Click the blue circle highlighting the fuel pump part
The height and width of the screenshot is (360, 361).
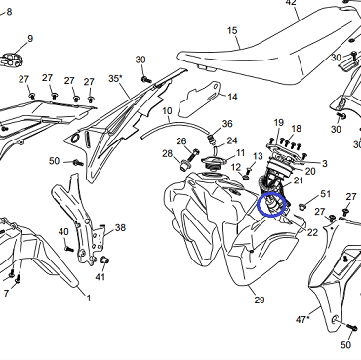coord(271,205)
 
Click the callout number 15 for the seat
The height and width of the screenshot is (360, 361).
coord(232,31)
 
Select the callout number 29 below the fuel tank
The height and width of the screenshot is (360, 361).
coord(260,300)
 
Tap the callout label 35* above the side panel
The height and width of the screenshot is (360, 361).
coord(116,79)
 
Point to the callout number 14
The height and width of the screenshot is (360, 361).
coord(232,97)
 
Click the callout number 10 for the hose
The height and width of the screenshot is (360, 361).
coord(167,111)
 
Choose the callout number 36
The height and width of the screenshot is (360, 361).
coord(227,124)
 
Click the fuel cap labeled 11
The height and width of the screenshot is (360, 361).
coord(213,163)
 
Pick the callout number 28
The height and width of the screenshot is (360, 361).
coord(167,153)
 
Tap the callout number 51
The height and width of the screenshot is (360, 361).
coord(326,194)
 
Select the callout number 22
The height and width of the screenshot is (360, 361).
coord(312,232)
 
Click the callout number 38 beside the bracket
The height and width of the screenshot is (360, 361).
coord(120,227)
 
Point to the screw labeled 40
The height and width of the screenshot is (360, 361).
coord(69,249)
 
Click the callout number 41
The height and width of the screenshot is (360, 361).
coord(100,277)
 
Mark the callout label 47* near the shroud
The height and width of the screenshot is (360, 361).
coord(302,320)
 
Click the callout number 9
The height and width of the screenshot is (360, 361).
coord(30,39)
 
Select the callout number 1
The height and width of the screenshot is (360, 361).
coord(88,298)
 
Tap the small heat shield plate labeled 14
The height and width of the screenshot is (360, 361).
coord(199,100)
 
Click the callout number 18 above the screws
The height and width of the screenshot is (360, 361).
coord(296,129)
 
